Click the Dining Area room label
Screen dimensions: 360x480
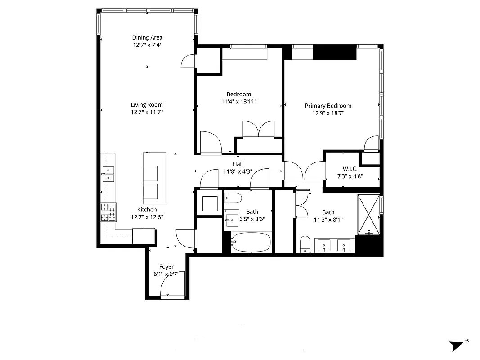click(x=147, y=38)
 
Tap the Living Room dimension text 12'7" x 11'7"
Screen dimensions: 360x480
click(x=147, y=112)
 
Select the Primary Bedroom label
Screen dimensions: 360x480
click(x=328, y=106)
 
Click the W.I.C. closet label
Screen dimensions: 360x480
click(x=350, y=169)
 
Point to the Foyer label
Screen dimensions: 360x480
click(x=166, y=267)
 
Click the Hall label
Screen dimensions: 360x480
click(x=238, y=164)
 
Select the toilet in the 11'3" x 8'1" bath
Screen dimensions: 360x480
click(x=305, y=244)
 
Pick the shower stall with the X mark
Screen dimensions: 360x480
click(x=369, y=215)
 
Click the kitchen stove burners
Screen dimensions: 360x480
click(x=108, y=212)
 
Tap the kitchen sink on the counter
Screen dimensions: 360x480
click(x=108, y=174)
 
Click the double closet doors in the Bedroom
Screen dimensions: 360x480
click(x=258, y=129)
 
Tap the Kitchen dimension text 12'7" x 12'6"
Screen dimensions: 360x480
click(x=147, y=217)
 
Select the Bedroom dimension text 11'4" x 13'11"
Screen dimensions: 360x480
click(x=239, y=102)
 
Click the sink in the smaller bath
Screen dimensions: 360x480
click(x=233, y=219)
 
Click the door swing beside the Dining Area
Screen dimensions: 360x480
click(x=188, y=62)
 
